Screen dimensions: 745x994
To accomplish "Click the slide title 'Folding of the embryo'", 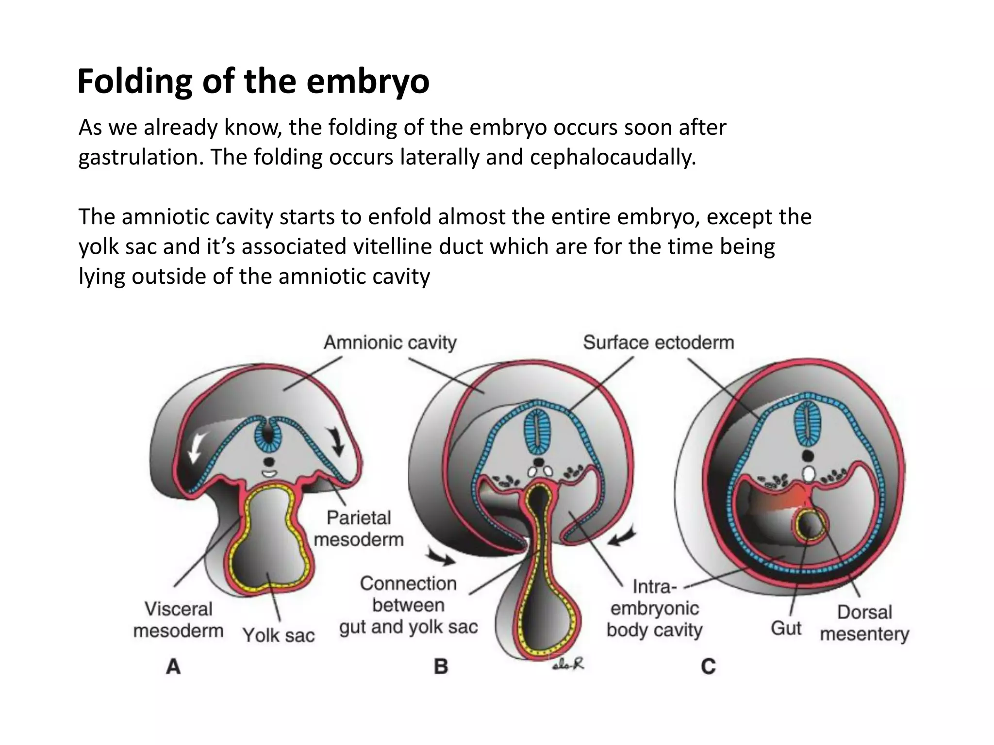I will [253, 81].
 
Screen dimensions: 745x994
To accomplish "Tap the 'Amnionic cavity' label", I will [390, 342].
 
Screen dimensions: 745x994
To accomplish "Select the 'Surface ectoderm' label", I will [658, 342].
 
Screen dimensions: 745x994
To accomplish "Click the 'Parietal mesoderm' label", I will [359, 528].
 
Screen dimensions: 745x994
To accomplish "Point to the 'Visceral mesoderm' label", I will [179, 620].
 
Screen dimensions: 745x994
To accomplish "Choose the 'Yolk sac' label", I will [279, 635].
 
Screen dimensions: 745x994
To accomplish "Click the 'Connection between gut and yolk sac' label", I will [408, 605].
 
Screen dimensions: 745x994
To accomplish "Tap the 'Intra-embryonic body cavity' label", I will [654, 608].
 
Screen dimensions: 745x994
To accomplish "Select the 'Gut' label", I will [786, 628].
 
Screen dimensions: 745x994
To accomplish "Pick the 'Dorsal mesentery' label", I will [864, 623].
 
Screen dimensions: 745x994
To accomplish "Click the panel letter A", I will [173, 667].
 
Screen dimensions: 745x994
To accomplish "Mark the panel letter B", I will [441, 667].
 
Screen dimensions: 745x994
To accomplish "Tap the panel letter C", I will [708, 667].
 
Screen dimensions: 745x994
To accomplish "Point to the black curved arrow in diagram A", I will [336, 441].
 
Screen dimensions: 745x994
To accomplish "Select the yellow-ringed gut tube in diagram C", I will [810, 524].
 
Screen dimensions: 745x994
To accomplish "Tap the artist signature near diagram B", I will [568, 664].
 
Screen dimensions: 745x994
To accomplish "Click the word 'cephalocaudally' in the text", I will [613, 157].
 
